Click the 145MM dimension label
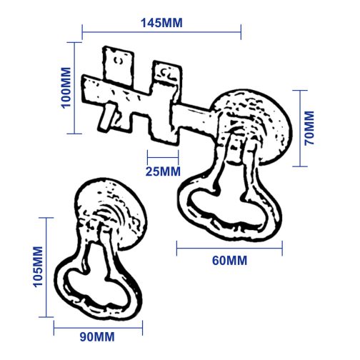[161, 23]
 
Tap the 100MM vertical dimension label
[66, 88]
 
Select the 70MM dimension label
[309, 128]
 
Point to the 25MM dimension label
[163, 171]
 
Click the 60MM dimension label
[229, 261]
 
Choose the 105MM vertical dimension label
[38, 266]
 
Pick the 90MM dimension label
[97, 337]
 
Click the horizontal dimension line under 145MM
[161, 32]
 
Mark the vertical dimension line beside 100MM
[74, 88]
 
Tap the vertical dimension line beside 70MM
[300, 129]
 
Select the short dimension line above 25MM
[163, 157]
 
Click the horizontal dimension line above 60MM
[229, 249]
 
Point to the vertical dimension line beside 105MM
[46, 267]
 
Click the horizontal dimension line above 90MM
[98, 328]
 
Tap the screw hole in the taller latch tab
[119, 60]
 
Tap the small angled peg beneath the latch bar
[106, 116]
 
